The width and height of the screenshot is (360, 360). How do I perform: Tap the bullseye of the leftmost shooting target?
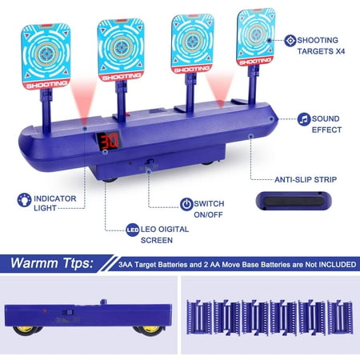tap(46, 54)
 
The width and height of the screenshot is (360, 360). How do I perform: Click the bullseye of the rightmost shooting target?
tap(257, 34)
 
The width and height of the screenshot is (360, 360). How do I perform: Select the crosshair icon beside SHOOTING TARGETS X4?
tap(290, 41)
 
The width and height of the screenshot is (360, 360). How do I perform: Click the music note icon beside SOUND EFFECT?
tap(304, 119)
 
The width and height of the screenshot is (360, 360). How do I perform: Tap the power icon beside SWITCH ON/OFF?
tap(186, 204)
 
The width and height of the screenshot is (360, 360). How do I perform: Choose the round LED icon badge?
tap(133, 230)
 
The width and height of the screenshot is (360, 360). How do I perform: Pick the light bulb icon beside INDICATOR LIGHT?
tap(24, 200)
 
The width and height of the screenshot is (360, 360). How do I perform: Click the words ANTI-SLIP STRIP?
tap(306, 180)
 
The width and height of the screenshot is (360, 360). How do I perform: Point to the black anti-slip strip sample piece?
tap(294, 201)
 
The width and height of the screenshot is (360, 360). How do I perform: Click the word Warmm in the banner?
tap(34, 263)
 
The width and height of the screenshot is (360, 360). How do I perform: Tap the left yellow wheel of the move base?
tap(25, 330)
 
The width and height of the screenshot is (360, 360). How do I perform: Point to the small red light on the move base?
tap(45, 311)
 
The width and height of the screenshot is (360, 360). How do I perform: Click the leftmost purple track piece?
tap(199, 317)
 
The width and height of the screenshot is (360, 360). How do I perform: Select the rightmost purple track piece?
tap(341, 317)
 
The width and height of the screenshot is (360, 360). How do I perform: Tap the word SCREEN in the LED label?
tap(157, 240)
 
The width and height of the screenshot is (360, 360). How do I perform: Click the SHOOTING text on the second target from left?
tap(122, 77)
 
